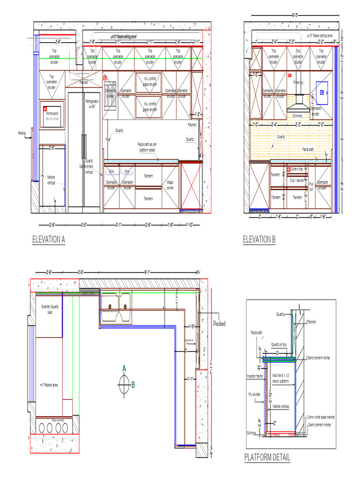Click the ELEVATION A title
(48, 240)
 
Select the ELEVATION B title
(259, 240)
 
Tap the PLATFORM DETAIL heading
(267, 457)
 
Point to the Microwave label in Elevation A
(52, 113)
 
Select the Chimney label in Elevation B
(299, 115)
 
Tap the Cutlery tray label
(297, 169)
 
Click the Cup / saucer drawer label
(297, 180)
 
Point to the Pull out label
(311, 187)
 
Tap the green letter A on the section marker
(124, 368)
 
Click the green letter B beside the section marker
(133, 385)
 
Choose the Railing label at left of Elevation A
(22, 133)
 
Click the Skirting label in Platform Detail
(251, 433)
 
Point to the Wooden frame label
(254, 376)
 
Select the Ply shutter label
(254, 395)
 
